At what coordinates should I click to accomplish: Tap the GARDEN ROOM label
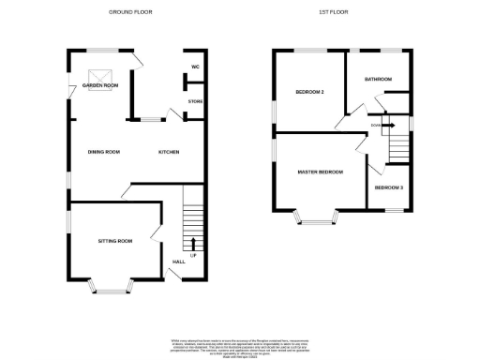pos(100,85)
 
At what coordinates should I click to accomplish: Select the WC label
pos(195,67)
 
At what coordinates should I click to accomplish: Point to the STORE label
pos(195,100)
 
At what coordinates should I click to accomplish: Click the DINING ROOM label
pos(104,152)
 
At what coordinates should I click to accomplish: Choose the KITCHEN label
pos(169,152)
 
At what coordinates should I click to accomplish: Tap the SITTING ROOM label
pos(115,241)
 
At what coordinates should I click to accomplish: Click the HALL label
pos(178,261)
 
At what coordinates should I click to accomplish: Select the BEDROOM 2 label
pos(309,92)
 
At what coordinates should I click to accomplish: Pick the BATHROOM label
pos(378,79)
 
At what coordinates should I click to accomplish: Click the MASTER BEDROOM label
pos(320,172)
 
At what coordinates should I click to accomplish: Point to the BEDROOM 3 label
pos(389,188)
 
